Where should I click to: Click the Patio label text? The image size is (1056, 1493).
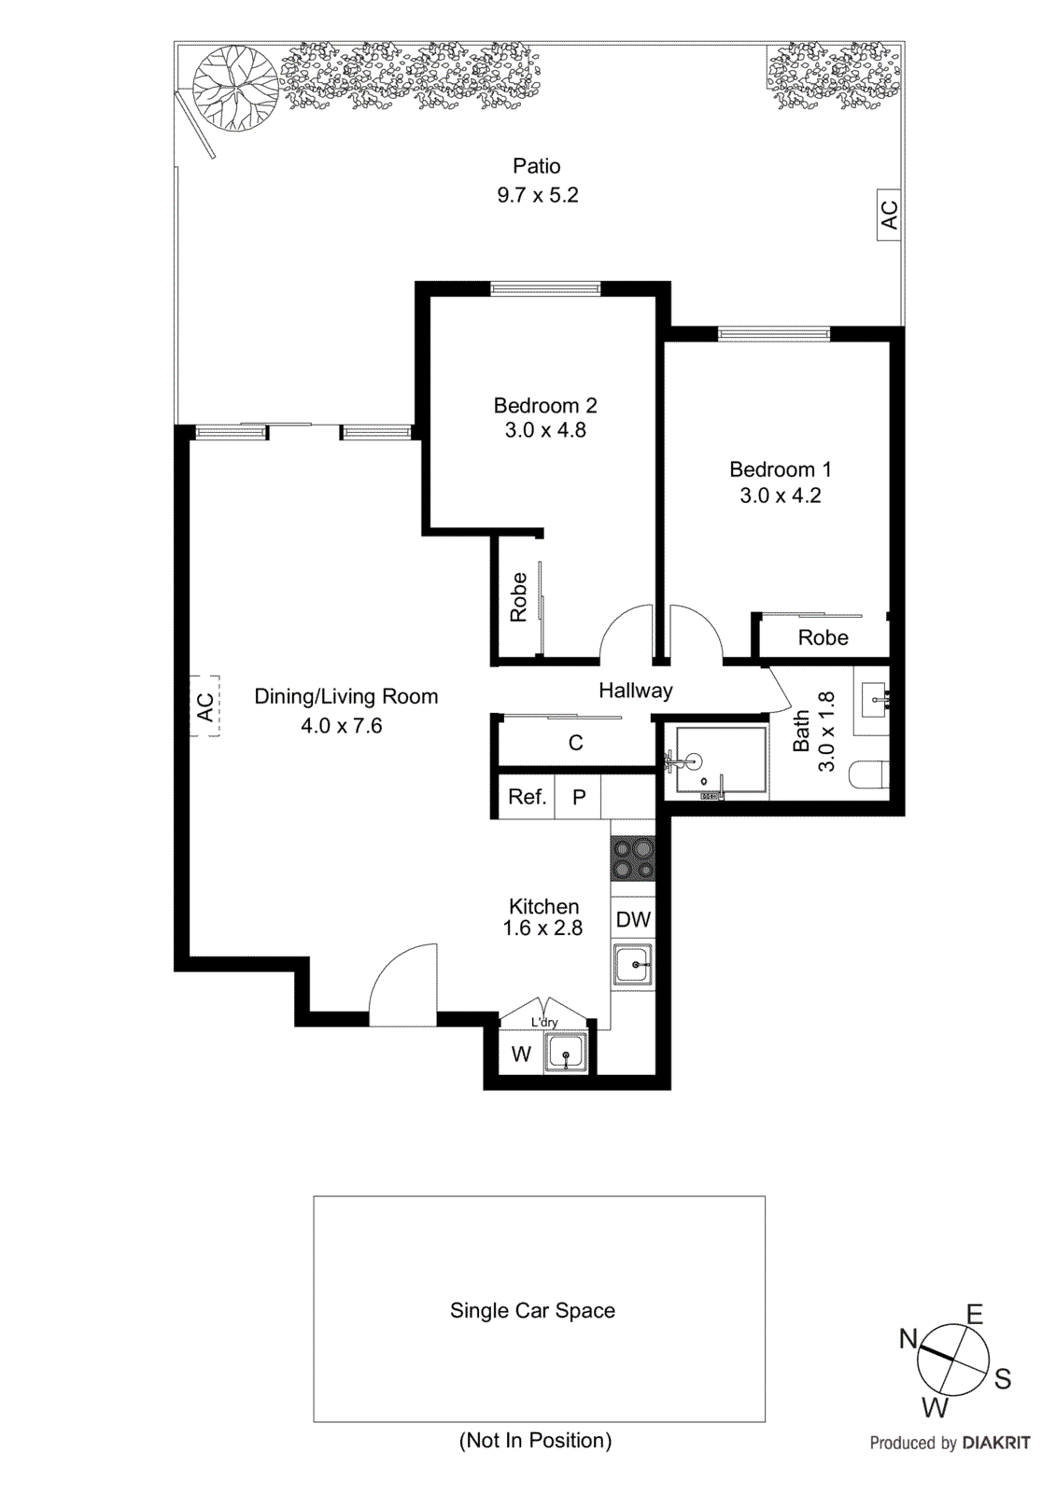point(536,166)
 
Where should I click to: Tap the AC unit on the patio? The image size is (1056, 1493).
point(889,215)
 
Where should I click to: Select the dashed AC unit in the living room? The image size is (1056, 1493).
point(205,706)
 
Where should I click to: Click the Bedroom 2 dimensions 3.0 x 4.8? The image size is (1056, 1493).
point(545,430)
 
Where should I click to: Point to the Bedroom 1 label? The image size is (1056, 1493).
point(780,469)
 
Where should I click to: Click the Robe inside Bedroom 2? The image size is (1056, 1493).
point(518,597)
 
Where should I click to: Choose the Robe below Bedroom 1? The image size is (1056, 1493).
point(823,637)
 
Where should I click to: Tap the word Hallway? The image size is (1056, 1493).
point(635,691)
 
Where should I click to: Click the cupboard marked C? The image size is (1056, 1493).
point(575,743)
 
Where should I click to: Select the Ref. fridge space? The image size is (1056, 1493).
point(527,797)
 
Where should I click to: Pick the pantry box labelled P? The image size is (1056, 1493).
point(579,797)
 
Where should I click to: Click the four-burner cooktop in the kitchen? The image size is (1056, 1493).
point(633,859)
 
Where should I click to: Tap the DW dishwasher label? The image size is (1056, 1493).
point(633,920)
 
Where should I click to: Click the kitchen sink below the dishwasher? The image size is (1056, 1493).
point(633,965)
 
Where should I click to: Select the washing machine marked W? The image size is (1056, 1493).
point(521,1054)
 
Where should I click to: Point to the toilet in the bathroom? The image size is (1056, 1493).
point(869,774)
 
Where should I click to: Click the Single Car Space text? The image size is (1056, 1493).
point(532,1310)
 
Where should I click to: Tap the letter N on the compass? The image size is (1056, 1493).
point(908,1339)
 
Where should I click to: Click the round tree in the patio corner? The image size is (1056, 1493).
point(234,89)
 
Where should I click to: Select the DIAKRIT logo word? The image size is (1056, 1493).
point(995,1443)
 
